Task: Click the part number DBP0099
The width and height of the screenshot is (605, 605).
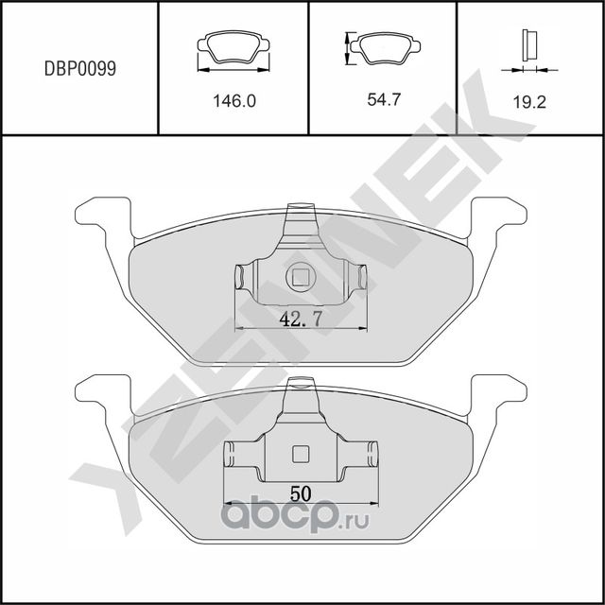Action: coord(80,69)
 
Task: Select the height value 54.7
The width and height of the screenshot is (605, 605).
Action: coord(384,98)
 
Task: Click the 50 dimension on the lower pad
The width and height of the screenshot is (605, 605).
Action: coord(301,493)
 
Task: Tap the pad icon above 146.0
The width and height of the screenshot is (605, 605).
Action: coord(233,50)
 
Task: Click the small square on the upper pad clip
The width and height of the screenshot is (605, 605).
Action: coord(301,278)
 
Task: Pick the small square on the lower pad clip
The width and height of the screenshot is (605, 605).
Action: coord(301,453)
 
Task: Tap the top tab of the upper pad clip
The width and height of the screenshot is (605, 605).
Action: coord(301,212)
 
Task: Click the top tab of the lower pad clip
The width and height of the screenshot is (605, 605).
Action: coord(301,386)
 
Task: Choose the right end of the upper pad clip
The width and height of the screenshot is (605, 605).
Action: coord(360,277)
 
